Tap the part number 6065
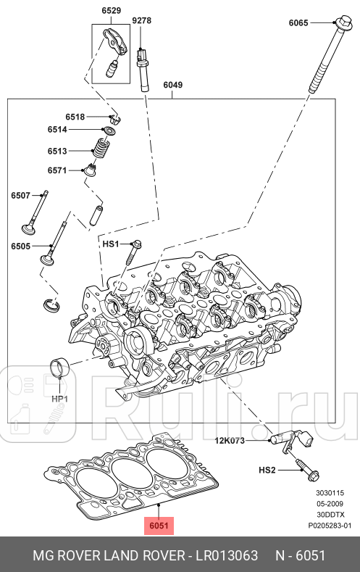click(x=298, y=23)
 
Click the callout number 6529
click(x=111, y=11)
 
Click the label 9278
click(x=141, y=21)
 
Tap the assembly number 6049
click(x=172, y=85)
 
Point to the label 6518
click(x=75, y=117)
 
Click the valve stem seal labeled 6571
click(x=91, y=171)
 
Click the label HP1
click(x=59, y=399)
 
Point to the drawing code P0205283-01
click(x=330, y=525)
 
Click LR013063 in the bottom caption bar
click(x=225, y=555)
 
